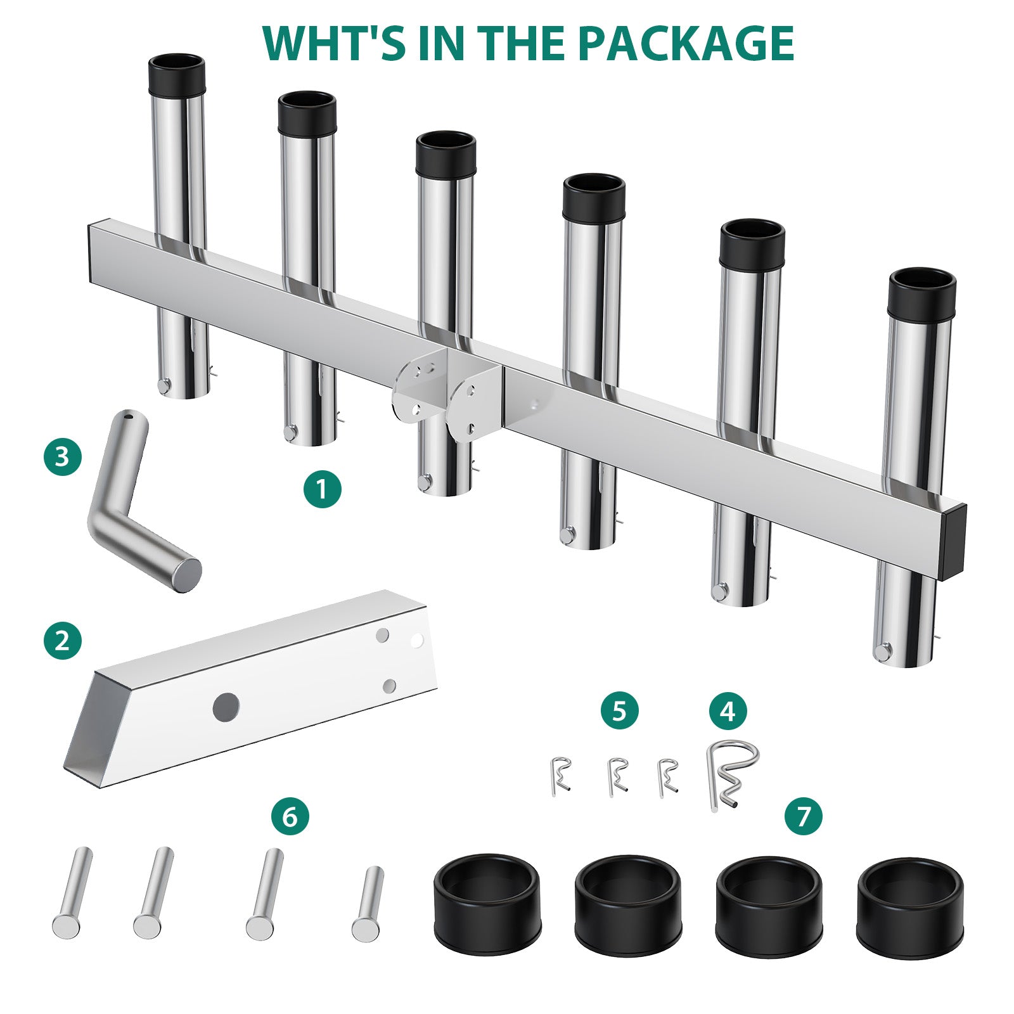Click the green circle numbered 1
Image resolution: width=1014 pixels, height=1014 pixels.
click(x=322, y=489)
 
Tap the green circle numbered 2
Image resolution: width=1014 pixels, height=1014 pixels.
click(x=63, y=640)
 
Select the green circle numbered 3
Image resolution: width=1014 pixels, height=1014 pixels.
click(x=63, y=456)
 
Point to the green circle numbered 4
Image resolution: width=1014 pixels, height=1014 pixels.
click(x=728, y=711)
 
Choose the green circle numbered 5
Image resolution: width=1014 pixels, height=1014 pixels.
click(x=620, y=711)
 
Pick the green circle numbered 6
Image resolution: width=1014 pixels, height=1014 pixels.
click(x=290, y=816)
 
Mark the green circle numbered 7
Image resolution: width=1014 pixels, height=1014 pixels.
click(x=804, y=816)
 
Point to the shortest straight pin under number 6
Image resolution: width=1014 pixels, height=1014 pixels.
click(x=368, y=903)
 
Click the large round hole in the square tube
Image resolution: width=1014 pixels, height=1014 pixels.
click(x=226, y=707)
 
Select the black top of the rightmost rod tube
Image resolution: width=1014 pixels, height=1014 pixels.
click(x=922, y=294)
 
